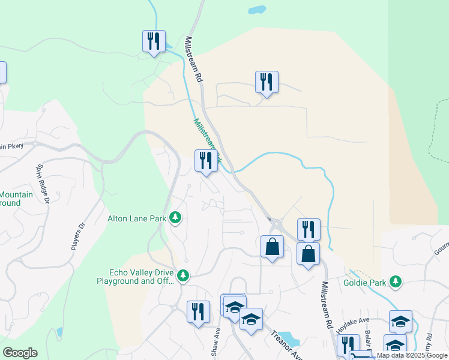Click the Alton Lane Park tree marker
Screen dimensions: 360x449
click(x=175, y=217)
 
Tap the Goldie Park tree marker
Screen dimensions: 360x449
click(x=395, y=281)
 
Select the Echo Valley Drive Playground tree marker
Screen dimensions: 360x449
click(x=184, y=276)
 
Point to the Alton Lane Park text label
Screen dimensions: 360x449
click(x=136, y=218)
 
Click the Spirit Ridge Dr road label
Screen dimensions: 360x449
click(x=43, y=182)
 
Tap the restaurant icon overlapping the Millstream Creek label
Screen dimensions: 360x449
click(x=205, y=161)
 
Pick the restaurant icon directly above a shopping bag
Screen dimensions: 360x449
click(x=309, y=229)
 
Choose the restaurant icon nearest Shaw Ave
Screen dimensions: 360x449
click(x=198, y=312)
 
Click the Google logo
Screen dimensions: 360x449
click(x=20, y=353)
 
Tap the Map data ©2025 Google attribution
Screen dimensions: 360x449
click(x=412, y=356)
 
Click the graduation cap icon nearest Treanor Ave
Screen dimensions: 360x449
click(x=251, y=319)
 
